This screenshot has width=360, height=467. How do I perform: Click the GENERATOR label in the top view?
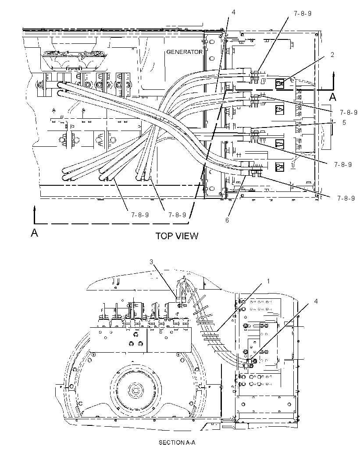coord(184,52)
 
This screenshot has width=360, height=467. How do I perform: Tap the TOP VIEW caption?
coord(177,236)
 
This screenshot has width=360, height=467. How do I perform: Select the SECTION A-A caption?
coord(177,442)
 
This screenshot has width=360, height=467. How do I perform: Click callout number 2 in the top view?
coord(332,54)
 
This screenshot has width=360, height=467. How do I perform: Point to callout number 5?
coord(344,122)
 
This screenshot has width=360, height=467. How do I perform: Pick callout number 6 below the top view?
coord(227,220)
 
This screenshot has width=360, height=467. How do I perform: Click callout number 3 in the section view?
coord(151,262)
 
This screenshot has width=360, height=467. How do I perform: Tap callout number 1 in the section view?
coord(268,281)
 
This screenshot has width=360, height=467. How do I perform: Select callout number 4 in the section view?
coord(316,301)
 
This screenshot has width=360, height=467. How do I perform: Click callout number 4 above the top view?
coord(233,12)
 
